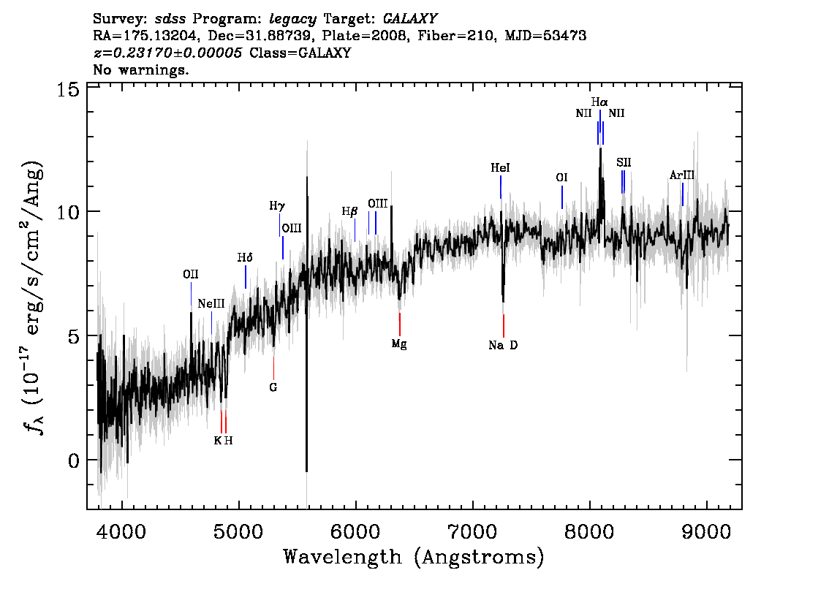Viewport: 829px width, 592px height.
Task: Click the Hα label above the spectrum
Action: (599, 102)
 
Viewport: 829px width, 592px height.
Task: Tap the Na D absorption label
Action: (503, 345)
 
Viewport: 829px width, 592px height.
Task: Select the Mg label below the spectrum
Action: (399, 344)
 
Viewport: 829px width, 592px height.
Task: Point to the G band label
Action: (273, 387)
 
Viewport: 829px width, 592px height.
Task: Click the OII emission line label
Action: (191, 274)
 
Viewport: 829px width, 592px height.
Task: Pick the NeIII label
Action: (211, 303)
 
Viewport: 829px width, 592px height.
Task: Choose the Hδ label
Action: (245, 257)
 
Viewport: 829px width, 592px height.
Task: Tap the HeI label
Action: (500, 167)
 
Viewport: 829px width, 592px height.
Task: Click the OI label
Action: (561, 178)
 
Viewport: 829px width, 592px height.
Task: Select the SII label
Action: (624, 162)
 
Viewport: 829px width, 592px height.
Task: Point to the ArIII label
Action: (682, 175)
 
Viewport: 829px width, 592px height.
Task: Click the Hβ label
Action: (349, 211)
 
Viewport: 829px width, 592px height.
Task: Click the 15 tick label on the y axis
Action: (68, 89)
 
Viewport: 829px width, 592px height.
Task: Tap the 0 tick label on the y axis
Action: (74, 460)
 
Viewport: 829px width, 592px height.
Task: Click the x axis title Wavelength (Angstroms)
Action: (414, 558)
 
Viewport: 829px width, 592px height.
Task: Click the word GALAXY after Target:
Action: (409, 19)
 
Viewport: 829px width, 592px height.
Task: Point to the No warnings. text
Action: (140, 69)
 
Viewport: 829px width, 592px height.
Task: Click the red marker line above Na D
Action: (503, 326)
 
